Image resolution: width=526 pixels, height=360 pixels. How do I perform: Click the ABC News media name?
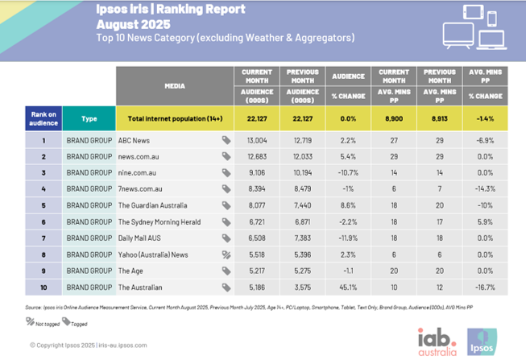135,139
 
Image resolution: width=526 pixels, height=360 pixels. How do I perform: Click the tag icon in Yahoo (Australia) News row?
226,254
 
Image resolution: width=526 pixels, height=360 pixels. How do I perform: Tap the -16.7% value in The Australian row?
486,286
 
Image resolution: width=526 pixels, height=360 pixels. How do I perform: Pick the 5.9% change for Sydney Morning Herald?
486,221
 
